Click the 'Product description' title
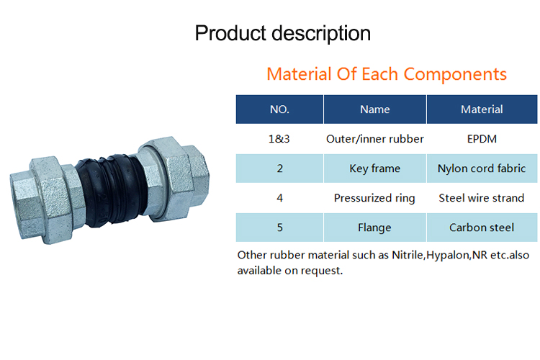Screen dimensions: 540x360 283,34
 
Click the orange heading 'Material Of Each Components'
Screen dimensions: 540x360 387,74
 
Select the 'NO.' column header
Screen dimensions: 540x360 279,109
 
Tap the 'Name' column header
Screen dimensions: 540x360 375,109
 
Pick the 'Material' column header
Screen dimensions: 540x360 482,109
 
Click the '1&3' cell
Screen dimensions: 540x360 279,139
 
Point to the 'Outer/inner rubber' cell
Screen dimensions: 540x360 374,139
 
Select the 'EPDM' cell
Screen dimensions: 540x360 482,139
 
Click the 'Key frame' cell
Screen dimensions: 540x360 374,168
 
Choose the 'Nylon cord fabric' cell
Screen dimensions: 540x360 482,168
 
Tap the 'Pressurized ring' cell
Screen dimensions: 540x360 374,198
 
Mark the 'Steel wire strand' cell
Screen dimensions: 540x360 482,198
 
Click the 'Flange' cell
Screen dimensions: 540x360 374,228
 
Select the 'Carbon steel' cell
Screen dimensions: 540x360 482,228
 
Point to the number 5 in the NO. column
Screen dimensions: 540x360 279,228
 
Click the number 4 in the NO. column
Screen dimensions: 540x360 279,198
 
